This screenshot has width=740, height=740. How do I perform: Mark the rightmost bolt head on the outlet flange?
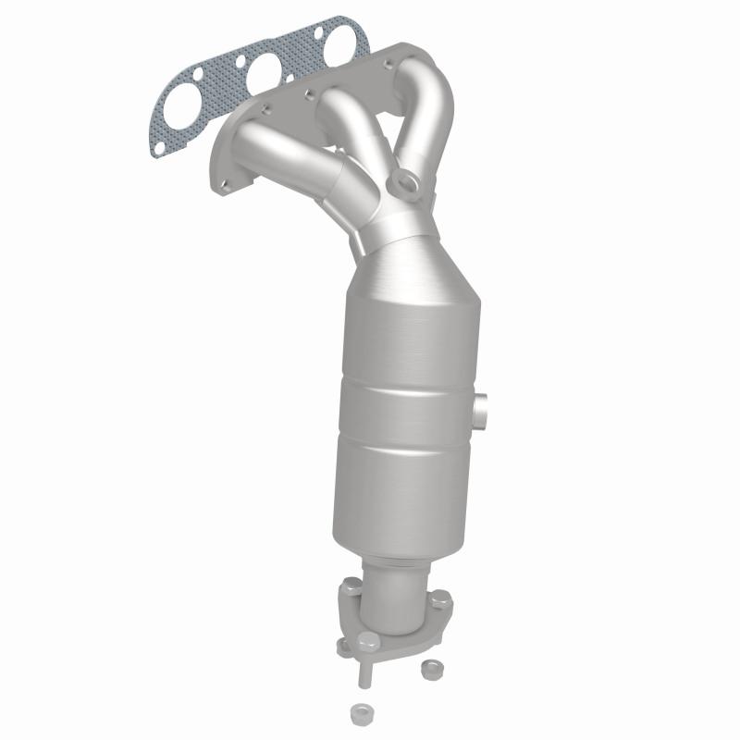pyautogui.click(x=443, y=601)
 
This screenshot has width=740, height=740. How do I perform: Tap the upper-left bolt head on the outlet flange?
pyautogui.click(x=351, y=586)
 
